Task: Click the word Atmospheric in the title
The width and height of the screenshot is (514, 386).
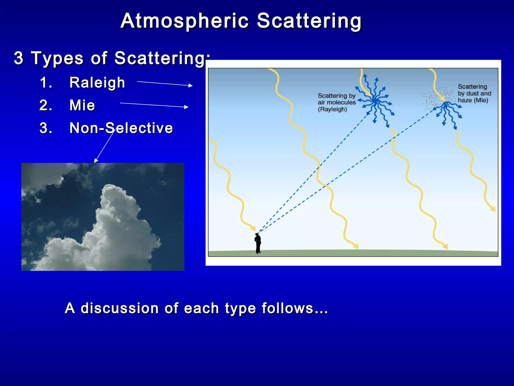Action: coord(184,21)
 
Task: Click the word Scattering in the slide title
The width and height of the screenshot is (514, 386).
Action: coord(309,21)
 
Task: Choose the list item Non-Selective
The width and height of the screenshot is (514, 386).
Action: coord(121,128)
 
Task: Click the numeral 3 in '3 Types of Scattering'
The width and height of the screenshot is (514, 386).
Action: coord(19,58)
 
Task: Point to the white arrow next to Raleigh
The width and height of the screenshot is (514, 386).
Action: coord(164,83)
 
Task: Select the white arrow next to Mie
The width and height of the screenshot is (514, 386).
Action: coord(154,105)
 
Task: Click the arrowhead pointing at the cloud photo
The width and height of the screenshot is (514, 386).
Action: coord(96,161)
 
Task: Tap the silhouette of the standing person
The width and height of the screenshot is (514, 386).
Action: coord(258,243)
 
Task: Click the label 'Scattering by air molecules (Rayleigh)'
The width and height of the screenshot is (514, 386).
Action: coord(336,103)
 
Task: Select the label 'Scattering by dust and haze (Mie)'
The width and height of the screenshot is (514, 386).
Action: coord(474,93)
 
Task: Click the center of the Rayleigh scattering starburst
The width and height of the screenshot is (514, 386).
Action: coord(375,101)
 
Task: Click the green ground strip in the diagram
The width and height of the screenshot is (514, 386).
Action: coord(351,253)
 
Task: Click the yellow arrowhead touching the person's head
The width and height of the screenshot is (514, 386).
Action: coord(253,228)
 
